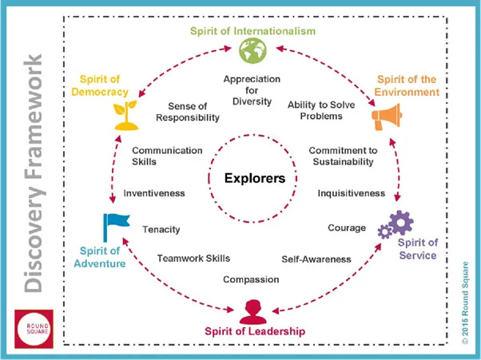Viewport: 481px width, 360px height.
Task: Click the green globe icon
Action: click(252, 50)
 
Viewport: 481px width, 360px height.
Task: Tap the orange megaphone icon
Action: click(388, 117)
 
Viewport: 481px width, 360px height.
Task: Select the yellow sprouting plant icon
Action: click(125, 115)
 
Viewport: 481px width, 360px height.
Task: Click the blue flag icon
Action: click(117, 227)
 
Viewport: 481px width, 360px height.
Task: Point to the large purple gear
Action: click(401, 223)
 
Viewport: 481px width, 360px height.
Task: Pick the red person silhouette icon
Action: click(253, 312)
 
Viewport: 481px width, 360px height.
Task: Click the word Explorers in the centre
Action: click(255, 178)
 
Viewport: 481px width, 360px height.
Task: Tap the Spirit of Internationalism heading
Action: click(252, 31)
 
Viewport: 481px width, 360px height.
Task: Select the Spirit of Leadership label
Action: click(255, 331)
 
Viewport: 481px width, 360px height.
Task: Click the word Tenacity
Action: click(161, 229)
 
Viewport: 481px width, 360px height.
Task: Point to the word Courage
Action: click(347, 228)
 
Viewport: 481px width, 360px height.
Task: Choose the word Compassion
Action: click(251, 279)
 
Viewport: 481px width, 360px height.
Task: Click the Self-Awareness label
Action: click(316, 259)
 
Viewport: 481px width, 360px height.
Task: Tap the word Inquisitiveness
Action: click(352, 193)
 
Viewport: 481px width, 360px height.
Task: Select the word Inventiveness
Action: click(154, 193)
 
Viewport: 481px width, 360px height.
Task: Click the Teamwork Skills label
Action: click(193, 259)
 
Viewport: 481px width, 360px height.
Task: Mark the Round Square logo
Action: click(34, 329)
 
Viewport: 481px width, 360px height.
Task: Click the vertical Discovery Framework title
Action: click(33, 173)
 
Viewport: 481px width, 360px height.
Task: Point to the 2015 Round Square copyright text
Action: click(465, 303)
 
